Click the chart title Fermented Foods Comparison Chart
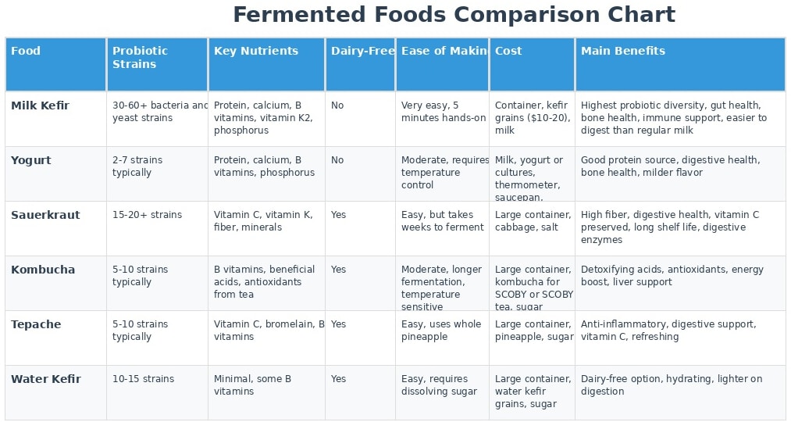tap(454, 15)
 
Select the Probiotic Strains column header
tap(140, 57)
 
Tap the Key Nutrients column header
tap(256, 51)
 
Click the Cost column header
tap(508, 51)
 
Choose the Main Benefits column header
tap(623, 51)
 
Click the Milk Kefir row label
tap(41, 105)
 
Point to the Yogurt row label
tap(31, 160)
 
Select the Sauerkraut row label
tap(45, 215)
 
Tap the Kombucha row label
tap(43, 270)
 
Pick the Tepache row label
tap(36, 324)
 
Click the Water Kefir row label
tap(46, 379)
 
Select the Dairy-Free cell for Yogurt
tap(337, 160)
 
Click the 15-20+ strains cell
tap(147, 215)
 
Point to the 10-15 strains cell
tap(143, 379)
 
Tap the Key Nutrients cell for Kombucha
tap(265, 282)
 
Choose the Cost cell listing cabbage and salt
tap(533, 221)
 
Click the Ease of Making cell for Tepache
tap(441, 331)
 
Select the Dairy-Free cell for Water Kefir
tap(339, 379)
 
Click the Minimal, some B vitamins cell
tap(253, 385)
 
